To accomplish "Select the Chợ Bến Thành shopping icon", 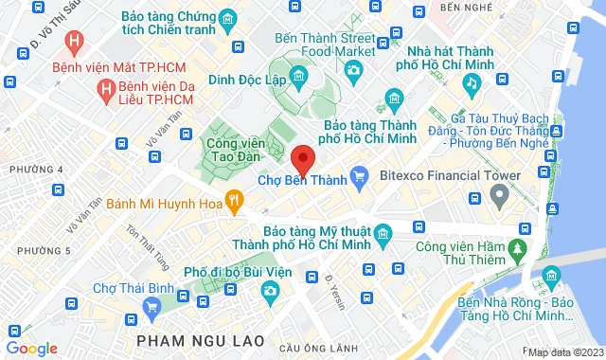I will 359,175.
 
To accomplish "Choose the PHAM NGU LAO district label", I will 188,339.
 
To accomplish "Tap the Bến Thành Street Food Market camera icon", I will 352,70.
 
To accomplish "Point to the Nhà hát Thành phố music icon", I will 470,83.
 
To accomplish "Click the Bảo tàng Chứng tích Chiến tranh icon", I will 227,19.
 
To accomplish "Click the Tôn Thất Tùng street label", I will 139,246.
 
